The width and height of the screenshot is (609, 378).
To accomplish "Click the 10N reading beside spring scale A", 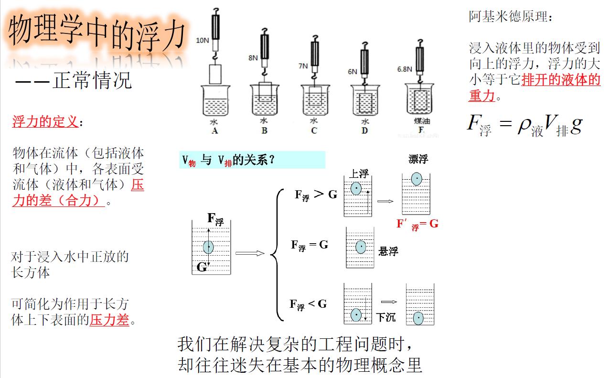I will click(203, 41).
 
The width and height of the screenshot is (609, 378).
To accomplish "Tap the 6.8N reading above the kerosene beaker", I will click(404, 69).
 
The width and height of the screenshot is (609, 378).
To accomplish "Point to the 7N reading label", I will click(303, 66).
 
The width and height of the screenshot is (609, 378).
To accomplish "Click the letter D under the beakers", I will click(364, 130).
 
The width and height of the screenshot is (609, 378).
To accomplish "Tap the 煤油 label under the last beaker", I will click(421, 121).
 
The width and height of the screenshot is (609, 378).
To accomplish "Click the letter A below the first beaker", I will click(214, 130).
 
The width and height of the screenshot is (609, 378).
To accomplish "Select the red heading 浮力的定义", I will click(45, 122).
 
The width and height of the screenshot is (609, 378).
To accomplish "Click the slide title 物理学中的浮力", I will click(97, 32).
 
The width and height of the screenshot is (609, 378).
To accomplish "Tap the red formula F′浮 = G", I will click(417, 224).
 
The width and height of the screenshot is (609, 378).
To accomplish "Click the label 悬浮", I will click(388, 251).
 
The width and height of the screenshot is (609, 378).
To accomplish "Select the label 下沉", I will click(385, 317).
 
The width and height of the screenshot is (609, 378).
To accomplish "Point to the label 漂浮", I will click(418, 159).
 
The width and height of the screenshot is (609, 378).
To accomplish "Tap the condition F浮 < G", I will click(308, 304).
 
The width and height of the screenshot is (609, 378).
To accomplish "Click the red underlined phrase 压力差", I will click(109, 320).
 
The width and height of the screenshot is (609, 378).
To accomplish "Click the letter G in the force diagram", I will click(202, 267).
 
